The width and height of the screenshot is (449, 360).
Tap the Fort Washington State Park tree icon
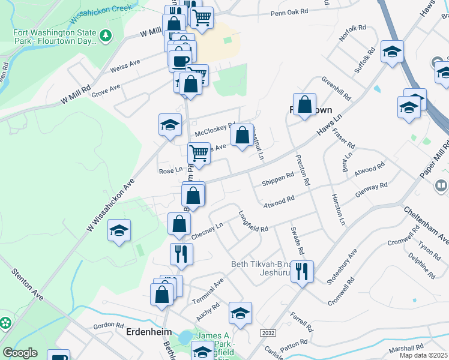click(x=106, y=36)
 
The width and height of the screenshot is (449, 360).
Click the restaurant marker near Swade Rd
click(x=302, y=271)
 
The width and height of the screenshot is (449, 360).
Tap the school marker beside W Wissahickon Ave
click(x=119, y=231)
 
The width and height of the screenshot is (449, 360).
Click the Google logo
click(x=20, y=353)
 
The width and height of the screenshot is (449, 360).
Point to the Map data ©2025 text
click(x=424, y=355)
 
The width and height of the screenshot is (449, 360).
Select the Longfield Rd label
click(x=253, y=221)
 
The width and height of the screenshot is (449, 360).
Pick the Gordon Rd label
click(x=108, y=325)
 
